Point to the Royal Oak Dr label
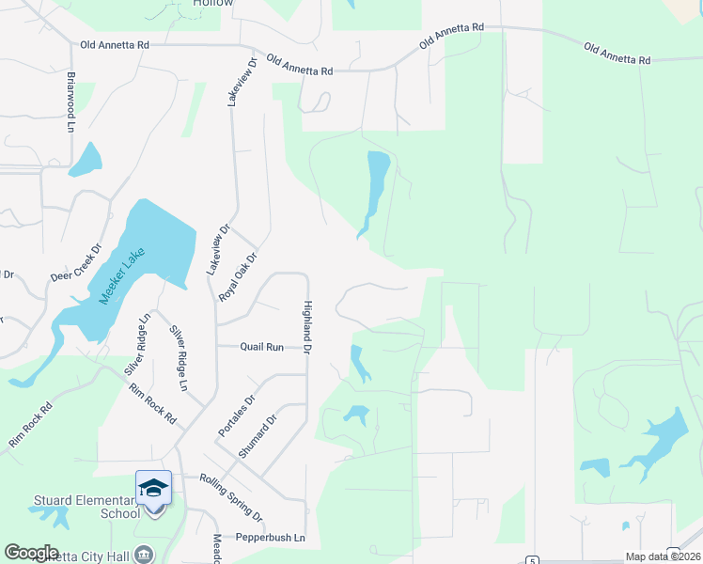click(238, 276)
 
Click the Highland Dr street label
click(306, 326)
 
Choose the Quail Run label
click(261, 347)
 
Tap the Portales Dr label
click(237, 415)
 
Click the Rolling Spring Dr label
click(230, 496)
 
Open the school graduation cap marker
click(153, 488)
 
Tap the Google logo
click(31, 553)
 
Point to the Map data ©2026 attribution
click(664, 556)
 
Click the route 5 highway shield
click(532, 560)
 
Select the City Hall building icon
click(143, 554)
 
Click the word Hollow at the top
click(212, 4)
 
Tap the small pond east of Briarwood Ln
click(86, 161)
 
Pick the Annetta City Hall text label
click(85, 556)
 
